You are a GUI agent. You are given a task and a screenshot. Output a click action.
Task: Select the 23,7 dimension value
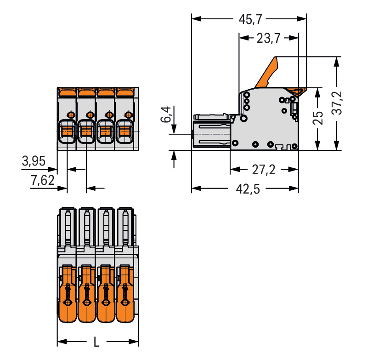268,39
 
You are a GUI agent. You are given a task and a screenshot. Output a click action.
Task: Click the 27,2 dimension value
264,170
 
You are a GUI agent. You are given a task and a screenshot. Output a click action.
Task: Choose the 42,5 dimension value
250,189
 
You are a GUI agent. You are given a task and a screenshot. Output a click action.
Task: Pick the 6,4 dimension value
166,114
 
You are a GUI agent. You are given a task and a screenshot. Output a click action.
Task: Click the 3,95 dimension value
34,161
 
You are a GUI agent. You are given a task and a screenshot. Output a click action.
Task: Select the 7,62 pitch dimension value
42,180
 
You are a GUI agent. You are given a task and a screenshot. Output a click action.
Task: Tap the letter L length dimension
96,342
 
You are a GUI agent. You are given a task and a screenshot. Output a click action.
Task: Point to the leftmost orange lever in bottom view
68,293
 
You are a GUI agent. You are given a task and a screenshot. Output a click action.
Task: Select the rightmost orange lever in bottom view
125,293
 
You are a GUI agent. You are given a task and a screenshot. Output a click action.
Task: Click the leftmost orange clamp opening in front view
67,132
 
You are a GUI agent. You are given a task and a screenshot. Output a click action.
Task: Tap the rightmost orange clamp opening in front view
124,132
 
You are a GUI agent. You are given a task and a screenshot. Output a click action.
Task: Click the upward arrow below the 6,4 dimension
174,159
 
